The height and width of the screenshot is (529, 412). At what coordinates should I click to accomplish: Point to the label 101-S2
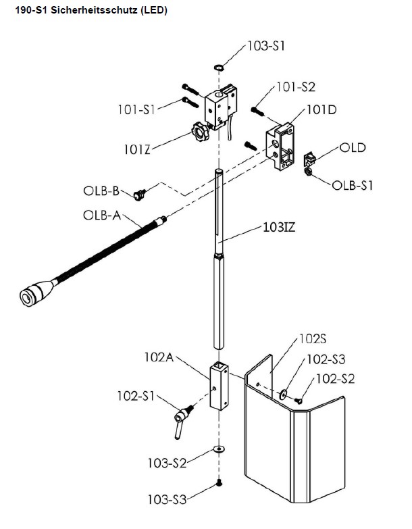(x=295, y=87)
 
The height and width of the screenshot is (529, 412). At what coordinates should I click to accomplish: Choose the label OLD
(x=352, y=148)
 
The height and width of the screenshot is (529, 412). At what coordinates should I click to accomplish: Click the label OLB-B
(x=102, y=191)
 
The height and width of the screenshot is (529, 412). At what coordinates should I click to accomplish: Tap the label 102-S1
(x=134, y=397)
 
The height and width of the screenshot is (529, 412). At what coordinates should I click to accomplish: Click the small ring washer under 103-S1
(x=219, y=68)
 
